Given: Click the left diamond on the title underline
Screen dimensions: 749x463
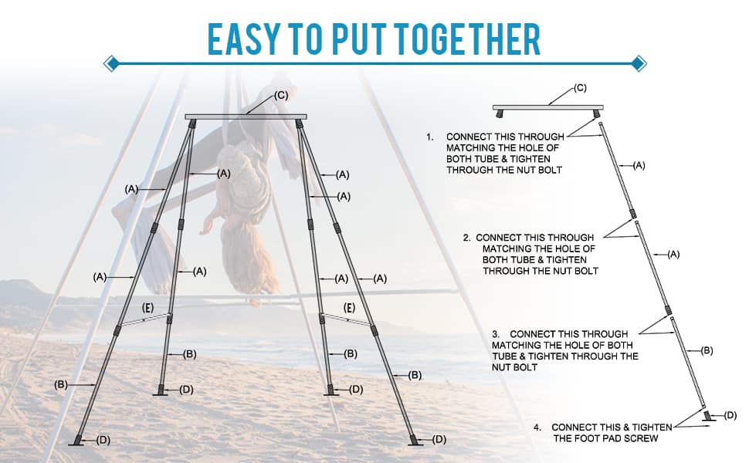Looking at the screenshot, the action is [111, 63].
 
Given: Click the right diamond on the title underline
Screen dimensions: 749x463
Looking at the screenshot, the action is [639, 63].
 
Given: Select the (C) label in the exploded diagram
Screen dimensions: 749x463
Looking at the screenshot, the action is [579, 88].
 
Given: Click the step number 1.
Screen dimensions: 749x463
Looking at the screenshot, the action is [430, 137].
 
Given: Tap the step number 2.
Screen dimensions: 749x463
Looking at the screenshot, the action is [466, 238].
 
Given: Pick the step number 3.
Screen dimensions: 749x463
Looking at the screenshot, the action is [496, 334].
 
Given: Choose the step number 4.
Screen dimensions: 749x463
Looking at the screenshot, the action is [537, 428].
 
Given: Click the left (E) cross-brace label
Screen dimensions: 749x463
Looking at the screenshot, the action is [148, 308].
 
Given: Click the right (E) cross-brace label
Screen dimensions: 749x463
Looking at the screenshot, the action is [350, 308].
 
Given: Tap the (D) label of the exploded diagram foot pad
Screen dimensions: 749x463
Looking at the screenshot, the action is [730, 415].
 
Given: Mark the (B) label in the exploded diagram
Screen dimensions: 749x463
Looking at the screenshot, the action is [707, 351].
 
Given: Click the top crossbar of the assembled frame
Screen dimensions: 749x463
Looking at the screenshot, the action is [246, 117].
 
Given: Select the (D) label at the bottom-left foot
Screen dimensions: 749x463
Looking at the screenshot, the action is [103, 440].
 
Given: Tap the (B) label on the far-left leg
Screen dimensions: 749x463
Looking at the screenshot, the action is [61, 384].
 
